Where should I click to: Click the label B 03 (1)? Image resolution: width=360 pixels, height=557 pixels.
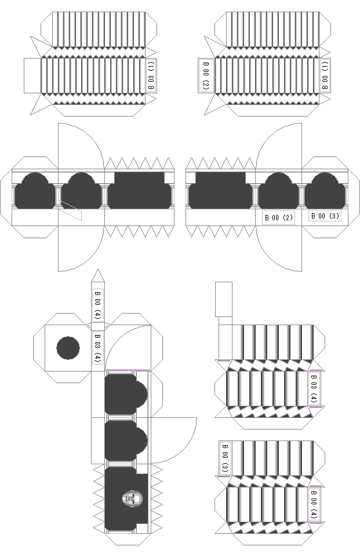point(151,75)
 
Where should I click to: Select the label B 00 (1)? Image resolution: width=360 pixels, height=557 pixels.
point(325,75)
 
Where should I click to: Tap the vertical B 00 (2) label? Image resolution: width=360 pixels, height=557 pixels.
point(206,75)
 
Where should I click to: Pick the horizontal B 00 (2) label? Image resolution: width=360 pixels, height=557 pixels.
point(279,217)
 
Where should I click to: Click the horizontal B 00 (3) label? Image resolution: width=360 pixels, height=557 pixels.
point(325,216)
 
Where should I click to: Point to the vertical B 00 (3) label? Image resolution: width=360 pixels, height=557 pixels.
point(225,458)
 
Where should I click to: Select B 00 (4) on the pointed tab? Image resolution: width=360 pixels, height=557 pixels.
point(98,304)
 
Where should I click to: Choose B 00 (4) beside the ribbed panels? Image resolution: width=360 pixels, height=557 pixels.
point(314,504)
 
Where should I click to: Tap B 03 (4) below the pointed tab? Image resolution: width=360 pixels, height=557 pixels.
point(98,347)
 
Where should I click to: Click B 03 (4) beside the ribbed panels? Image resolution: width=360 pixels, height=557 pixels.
point(314,388)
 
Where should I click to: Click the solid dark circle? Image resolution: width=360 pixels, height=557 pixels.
point(68,348)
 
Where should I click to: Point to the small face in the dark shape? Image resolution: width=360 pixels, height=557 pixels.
point(132,498)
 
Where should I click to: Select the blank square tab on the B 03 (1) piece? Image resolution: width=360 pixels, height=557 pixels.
point(32,76)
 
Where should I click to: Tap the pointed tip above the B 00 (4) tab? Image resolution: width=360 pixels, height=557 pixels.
point(98,270)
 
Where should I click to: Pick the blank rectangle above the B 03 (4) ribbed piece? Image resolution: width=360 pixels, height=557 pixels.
point(224,299)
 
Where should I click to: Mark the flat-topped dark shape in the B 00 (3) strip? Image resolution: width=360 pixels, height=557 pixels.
point(221,191)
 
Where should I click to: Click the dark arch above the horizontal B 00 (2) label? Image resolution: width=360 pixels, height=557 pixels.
point(279,191)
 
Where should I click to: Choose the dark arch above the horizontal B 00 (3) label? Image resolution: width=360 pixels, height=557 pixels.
point(325,191)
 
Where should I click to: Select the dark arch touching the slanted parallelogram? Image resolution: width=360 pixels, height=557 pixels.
point(81,191)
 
